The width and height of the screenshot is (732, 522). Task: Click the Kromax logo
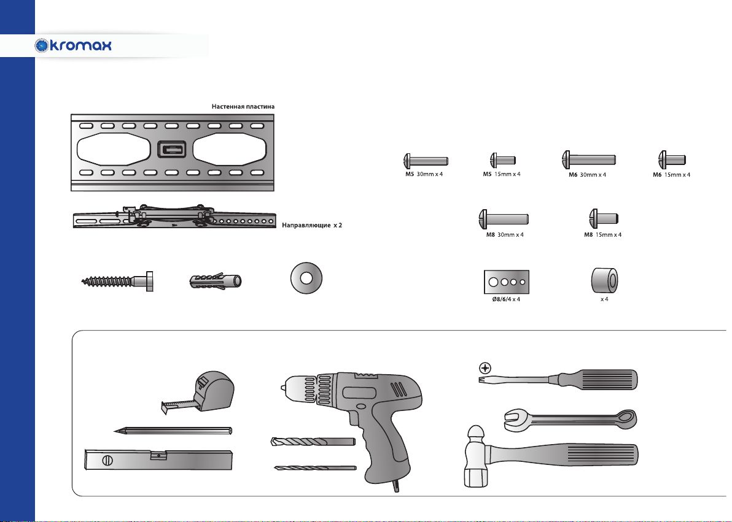[73, 45]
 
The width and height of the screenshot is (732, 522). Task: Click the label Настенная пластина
[243, 106]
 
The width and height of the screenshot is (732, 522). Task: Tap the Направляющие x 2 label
[312, 225]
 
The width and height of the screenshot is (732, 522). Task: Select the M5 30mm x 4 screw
[426, 161]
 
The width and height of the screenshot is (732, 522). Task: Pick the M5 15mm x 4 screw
[503, 160]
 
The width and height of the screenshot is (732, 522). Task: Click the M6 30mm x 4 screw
[589, 160]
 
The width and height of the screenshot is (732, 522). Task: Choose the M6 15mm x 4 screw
[672, 160]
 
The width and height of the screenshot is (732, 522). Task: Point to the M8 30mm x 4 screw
[504, 219]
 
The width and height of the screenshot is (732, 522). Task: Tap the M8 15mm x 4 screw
[604, 218]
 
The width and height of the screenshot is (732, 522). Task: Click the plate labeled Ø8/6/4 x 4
[507, 282]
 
